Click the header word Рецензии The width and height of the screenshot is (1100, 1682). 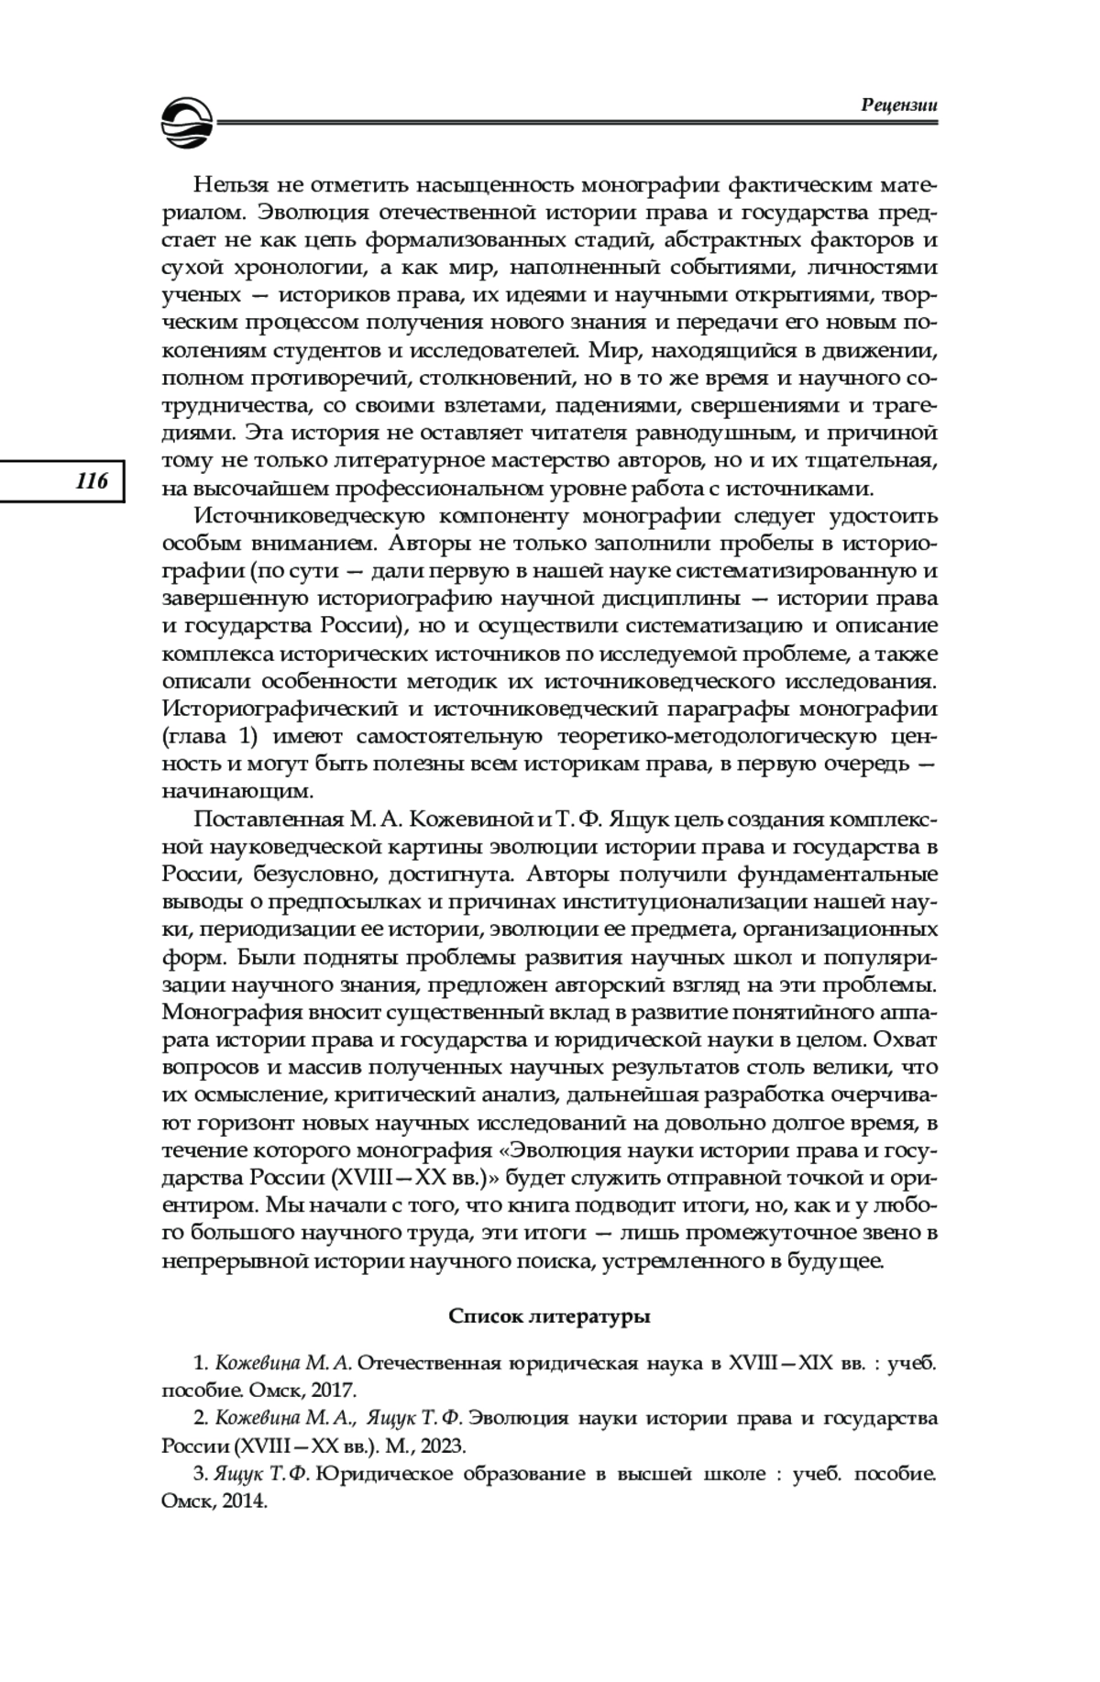899,104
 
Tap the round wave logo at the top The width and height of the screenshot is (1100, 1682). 187,123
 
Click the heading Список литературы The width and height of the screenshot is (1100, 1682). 549,1317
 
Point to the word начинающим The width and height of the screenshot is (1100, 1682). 237,791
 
